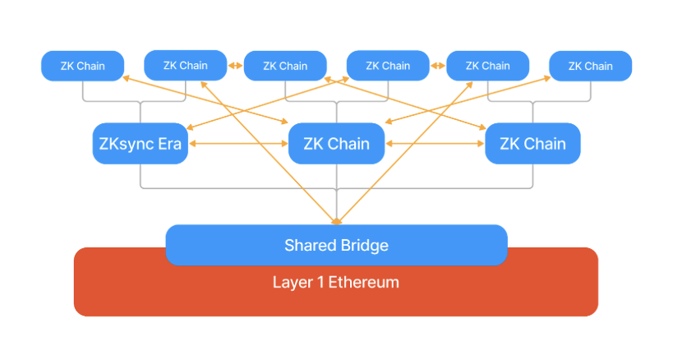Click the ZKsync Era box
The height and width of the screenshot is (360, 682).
click(140, 144)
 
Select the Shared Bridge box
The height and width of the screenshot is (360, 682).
click(336, 245)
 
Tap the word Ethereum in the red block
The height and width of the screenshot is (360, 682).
click(364, 283)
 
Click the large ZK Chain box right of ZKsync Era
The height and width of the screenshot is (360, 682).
click(336, 144)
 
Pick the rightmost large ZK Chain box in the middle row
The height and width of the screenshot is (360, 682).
click(532, 144)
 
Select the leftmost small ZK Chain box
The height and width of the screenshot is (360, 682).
click(82, 66)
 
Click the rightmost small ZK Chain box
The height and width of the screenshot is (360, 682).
click(590, 66)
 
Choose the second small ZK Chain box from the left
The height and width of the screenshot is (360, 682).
click(185, 65)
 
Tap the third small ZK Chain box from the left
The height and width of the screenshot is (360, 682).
click(285, 66)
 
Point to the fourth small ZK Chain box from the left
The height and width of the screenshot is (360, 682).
click(388, 65)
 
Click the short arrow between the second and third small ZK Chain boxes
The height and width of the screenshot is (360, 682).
click(235, 66)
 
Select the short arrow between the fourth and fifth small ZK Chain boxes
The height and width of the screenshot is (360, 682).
click(438, 66)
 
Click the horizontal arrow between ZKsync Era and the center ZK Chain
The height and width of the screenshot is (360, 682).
click(238, 145)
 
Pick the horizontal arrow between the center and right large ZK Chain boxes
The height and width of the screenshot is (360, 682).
click(435, 145)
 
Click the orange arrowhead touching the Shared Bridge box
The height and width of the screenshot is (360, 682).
click(336, 219)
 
